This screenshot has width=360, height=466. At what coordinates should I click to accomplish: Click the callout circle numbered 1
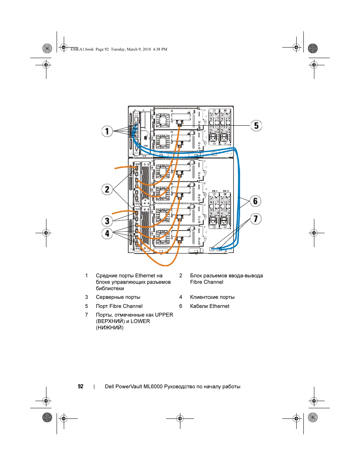click(x=107, y=131)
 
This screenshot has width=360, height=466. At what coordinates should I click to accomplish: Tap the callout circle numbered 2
click(x=107, y=189)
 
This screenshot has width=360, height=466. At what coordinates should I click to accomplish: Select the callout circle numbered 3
click(x=107, y=221)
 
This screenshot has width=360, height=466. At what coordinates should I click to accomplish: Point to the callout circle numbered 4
click(x=107, y=233)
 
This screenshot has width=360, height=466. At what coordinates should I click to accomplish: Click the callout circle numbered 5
click(x=256, y=125)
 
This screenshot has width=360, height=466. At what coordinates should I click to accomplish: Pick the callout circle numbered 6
click(x=255, y=201)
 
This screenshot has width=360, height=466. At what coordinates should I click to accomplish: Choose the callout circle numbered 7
click(x=255, y=219)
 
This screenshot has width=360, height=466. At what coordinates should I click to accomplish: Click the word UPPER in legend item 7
click(x=164, y=315)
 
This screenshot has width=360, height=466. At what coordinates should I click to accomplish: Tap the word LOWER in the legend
click(x=140, y=321)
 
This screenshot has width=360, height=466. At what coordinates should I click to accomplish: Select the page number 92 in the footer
click(x=81, y=386)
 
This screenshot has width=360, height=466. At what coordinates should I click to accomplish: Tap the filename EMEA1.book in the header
click(x=82, y=49)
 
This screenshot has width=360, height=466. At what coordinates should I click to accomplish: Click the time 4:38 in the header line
click(x=157, y=49)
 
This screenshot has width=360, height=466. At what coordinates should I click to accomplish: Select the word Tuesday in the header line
click(x=118, y=49)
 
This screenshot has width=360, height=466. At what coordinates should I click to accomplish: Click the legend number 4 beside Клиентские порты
click(x=181, y=297)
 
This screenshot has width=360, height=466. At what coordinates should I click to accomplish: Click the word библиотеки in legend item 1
click(x=110, y=288)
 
